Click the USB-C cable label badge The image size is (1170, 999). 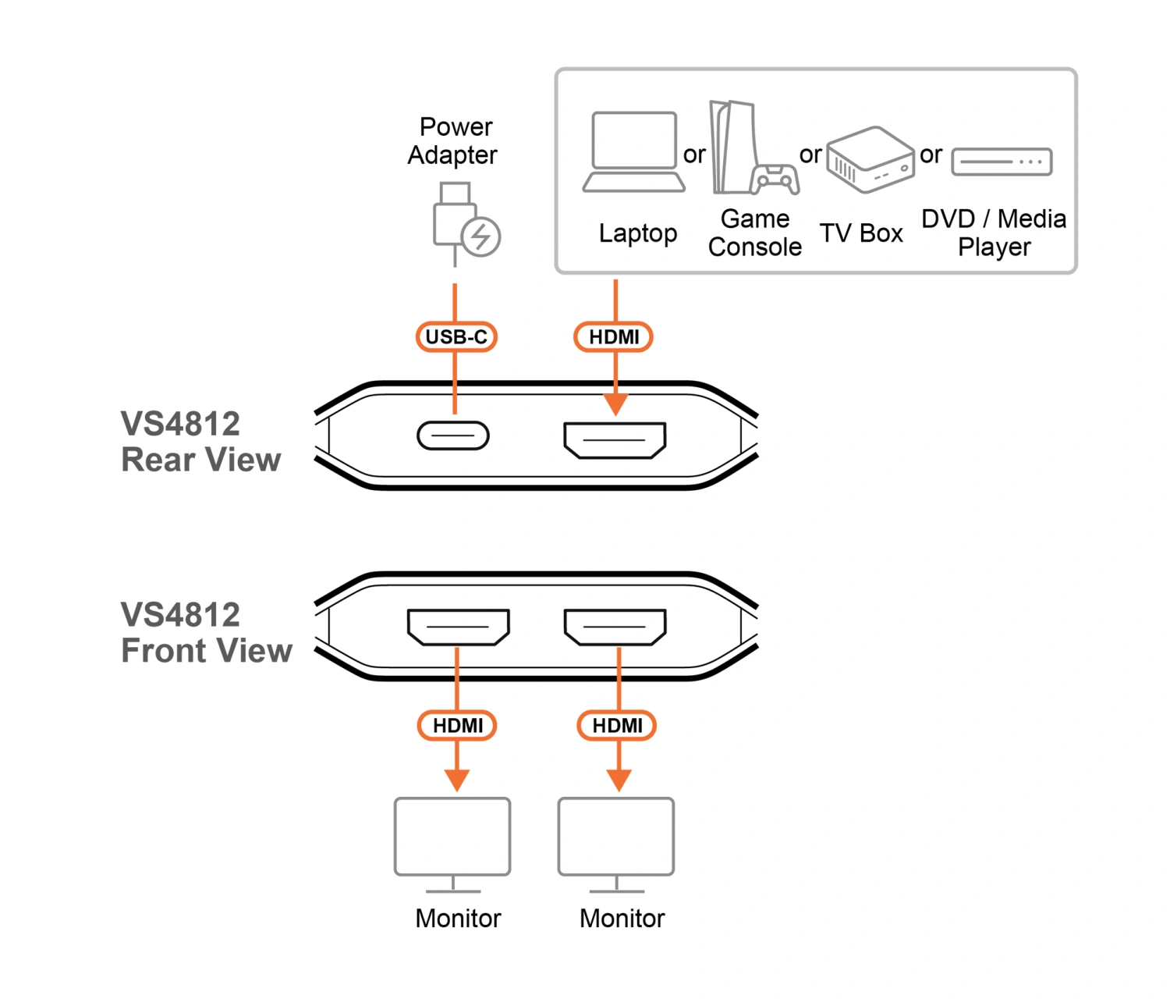coord(456,336)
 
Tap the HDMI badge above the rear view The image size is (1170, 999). coord(614,336)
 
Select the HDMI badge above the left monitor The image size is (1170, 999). coord(458,725)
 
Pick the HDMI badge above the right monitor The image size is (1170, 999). coord(617,725)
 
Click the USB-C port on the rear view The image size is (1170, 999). coord(453,436)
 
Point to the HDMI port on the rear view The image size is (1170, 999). coord(615,440)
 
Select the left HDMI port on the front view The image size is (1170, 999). coord(458,627)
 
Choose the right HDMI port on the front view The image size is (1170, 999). coord(615,627)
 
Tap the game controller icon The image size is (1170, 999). coord(775,180)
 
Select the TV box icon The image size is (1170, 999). coord(870,159)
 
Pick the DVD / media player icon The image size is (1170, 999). coord(1002,162)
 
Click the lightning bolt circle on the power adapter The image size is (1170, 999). coord(480,236)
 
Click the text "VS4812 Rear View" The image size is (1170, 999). coord(200,442)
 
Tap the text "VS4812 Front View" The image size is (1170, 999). coord(206,633)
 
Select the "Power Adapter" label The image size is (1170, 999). coord(453,141)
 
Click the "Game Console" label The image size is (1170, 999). coord(755,233)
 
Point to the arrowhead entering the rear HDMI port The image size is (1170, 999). coord(615,404)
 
